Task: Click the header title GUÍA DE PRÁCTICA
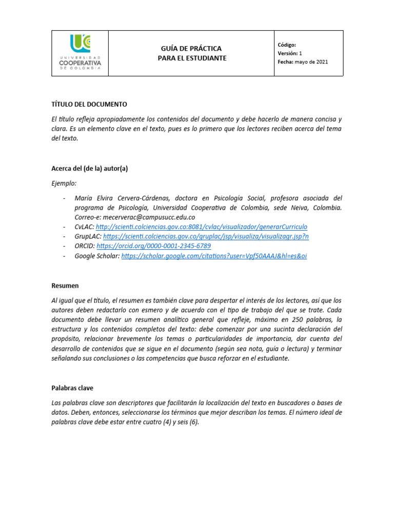(191, 48)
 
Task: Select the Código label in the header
(287, 45)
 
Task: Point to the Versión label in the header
(287, 53)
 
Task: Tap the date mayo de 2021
(311, 62)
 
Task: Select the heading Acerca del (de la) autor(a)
(90, 169)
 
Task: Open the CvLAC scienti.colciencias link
(201, 227)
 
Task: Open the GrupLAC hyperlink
(206, 236)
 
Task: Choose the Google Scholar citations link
(214, 256)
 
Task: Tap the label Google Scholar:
(97, 256)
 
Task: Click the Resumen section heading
(65, 285)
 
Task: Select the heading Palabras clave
(72, 388)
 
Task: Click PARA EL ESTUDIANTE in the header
(191, 58)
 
